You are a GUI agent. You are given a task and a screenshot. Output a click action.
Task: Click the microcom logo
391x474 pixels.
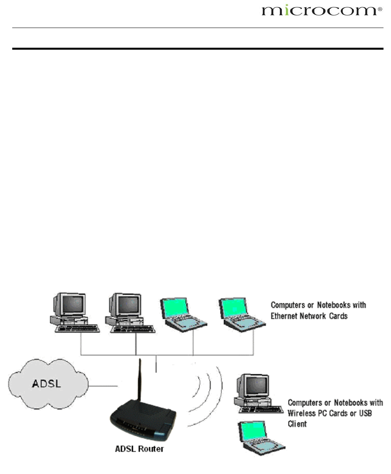point(320,11)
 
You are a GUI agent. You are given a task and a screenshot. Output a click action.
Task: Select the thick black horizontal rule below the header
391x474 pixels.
point(197,49)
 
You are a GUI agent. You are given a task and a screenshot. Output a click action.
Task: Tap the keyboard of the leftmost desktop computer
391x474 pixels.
point(77,328)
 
